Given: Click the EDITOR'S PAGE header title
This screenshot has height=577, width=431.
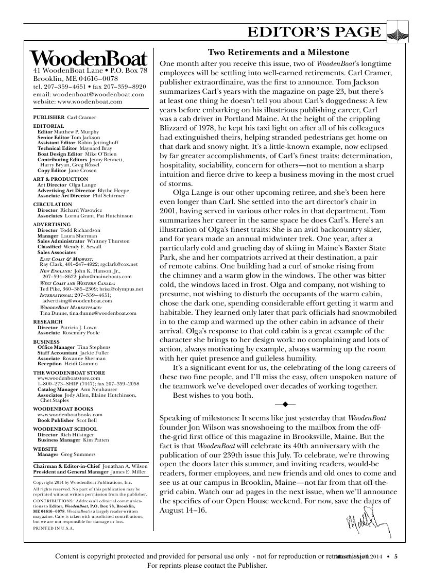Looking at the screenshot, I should point(314,32).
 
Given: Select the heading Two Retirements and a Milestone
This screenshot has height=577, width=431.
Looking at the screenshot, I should point(278,53).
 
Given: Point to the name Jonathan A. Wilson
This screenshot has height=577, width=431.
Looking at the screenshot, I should point(125,465).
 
